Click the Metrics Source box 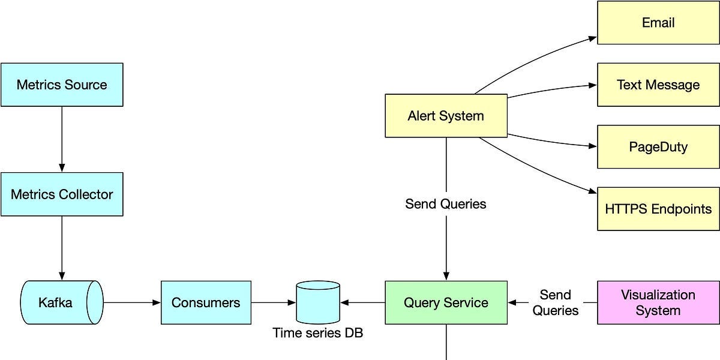click(62, 85)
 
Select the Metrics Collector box click(62, 194)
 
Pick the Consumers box click(206, 302)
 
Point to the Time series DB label click(317, 332)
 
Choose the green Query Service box click(446, 302)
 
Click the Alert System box click(446, 116)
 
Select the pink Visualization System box click(658, 302)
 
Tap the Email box click(658, 23)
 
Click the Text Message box click(658, 85)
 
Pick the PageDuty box click(658, 147)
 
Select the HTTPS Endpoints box click(658, 209)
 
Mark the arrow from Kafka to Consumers click(132, 302)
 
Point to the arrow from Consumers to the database click(274, 302)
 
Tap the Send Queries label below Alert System click(446, 204)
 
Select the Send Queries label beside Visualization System click(556, 302)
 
